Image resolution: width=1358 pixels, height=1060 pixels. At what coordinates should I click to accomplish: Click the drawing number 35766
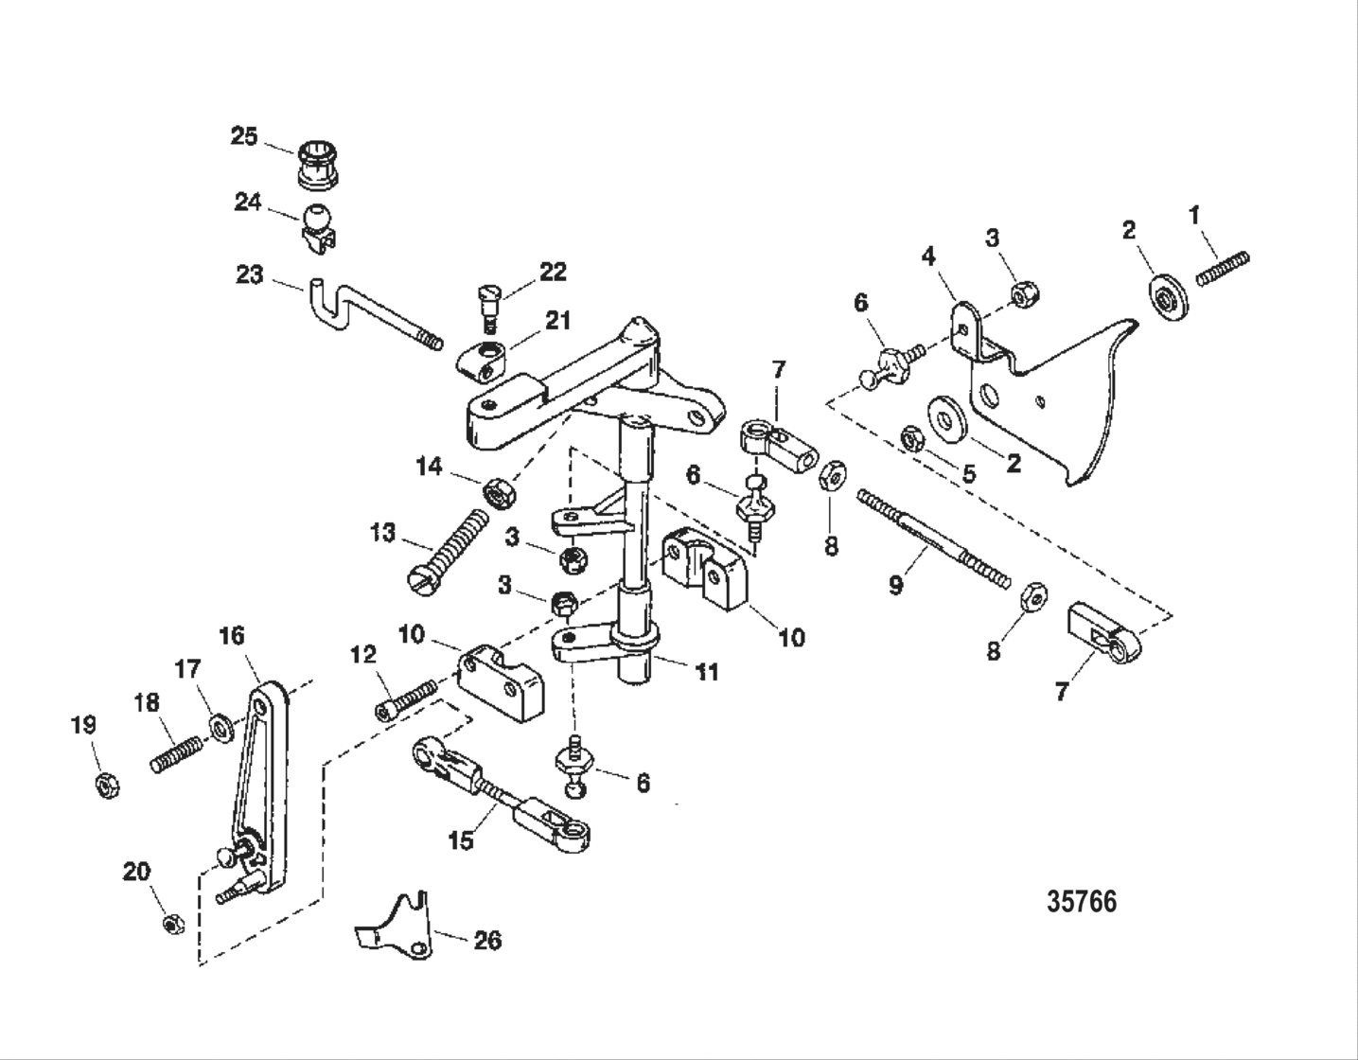click(x=1081, y=901)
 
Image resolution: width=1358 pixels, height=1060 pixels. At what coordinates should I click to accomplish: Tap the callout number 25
click(x=244, y=136)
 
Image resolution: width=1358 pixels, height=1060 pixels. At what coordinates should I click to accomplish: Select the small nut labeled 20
click(x=172, y=924)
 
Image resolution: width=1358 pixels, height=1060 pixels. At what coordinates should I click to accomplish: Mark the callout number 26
click(x=487, y=940)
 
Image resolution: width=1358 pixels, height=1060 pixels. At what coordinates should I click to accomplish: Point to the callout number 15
click(x=461, y=840)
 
